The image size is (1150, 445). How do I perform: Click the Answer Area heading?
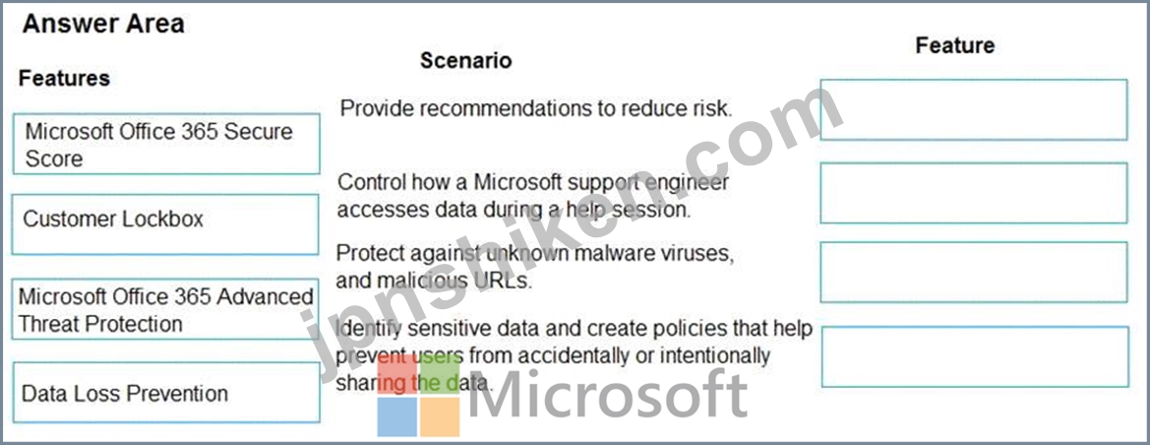click(x=103, y=25)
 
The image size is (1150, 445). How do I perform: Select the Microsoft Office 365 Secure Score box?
click(x=166, y=144)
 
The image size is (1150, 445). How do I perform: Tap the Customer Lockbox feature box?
click(x=165, y=223)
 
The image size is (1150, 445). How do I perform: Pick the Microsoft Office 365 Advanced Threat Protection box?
click(x=165, y=308)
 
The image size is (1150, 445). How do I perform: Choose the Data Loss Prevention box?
click(x=166, y=392)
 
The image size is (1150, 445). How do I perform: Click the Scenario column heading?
click(x=465, y=60)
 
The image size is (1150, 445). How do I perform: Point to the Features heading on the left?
click(x=65, y=78)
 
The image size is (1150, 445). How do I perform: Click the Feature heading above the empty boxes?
click(x=955, y=45)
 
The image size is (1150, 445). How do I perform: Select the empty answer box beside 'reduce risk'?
click(x=973, y=109)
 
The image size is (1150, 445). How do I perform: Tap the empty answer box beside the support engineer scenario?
click(x=973, y=193)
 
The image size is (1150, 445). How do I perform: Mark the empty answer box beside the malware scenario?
click(x=973, y=273)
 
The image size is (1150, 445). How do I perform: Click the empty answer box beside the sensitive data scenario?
click(x=975, y=356)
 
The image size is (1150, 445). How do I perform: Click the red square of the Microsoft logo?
click(x=397, y=374)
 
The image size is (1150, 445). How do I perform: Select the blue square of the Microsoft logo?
click(x=397, y=417)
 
